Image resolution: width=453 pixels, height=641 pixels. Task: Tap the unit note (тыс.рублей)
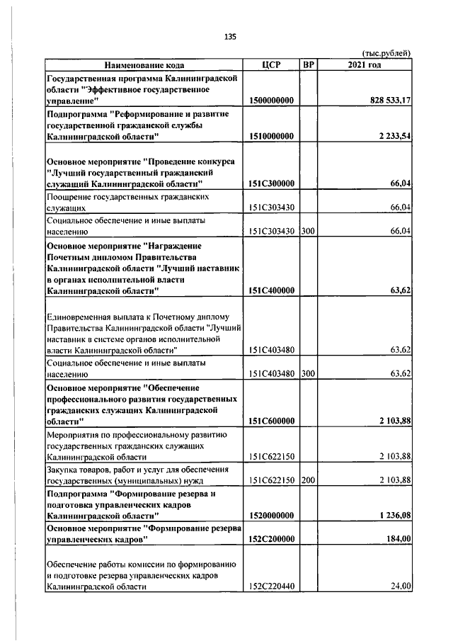click(386, 54)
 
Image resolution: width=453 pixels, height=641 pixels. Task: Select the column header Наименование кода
click(146, 65)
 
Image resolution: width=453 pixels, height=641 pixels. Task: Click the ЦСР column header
click(272, 65)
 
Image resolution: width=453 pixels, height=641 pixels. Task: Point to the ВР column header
click(308, 65)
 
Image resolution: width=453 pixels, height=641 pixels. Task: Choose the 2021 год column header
click(365, 65)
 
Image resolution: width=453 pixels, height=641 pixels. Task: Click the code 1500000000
click(271, 101)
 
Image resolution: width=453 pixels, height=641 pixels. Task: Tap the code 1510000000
click(271, 136)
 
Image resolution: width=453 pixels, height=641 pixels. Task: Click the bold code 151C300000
click(271, 183)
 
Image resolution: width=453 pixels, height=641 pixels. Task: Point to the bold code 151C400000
click(271, 290)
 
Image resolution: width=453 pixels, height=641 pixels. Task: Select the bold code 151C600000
click(271, 421)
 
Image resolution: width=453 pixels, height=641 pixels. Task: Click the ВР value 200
click(307, 480)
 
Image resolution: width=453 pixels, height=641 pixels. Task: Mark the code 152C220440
click(271, 586)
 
